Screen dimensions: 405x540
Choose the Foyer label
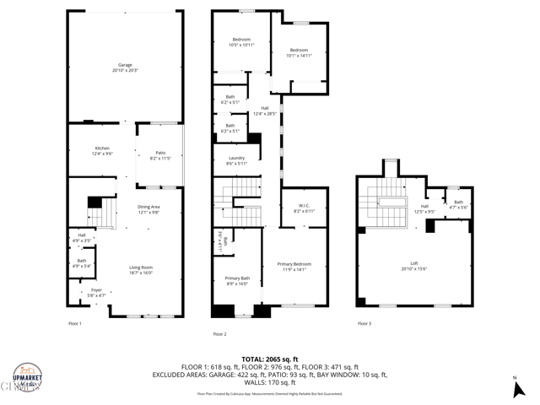97,293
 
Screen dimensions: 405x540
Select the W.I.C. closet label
304,208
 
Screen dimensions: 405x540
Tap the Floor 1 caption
75,323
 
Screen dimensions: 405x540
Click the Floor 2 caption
219,334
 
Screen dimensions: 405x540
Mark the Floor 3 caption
364,323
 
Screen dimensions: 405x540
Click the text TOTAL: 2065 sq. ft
269,359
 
